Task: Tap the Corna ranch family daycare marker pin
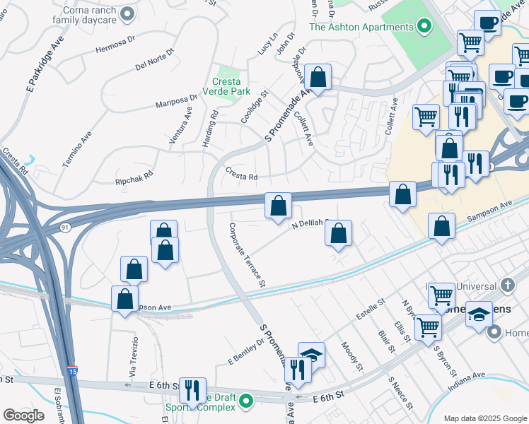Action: [x=128, y=13]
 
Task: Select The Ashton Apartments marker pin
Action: [x=424, y=27]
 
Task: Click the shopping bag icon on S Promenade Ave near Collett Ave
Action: [x=318, y=77]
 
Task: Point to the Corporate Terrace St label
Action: [x=246, y=254]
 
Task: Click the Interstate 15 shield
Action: [x=74, y=370]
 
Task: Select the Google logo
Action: [x=23, y=415]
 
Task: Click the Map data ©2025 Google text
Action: [x=484, y=418]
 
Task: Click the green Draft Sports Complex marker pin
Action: [x=246, y=403]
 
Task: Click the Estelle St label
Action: [x=370, y=309]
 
